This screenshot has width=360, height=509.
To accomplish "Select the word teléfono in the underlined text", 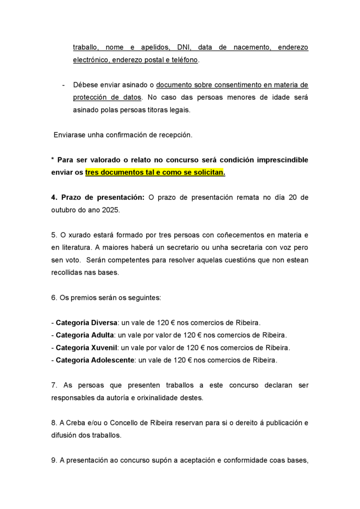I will [184, 61].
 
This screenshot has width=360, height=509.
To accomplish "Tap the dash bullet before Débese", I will [64, 85].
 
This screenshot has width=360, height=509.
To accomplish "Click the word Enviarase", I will [70, 135].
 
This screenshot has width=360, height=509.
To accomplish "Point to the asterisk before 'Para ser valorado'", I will [52, 160].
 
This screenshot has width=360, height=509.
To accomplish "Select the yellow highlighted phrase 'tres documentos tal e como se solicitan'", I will [155, 173].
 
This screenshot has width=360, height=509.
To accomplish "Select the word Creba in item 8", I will [76, 423].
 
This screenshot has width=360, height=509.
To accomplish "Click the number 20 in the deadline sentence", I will [293, 197].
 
